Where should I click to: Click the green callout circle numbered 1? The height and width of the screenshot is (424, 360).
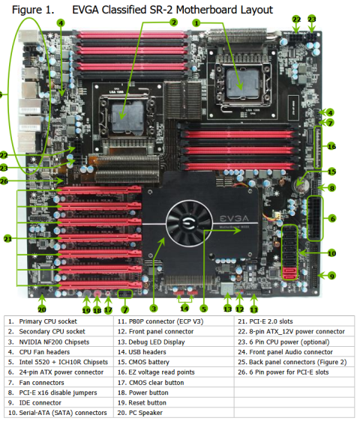click(196, 23)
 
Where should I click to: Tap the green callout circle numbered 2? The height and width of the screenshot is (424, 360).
click(174, 22)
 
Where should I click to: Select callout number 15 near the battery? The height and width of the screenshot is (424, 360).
click(331, 172)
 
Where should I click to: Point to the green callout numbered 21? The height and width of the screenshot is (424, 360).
click(7, 239)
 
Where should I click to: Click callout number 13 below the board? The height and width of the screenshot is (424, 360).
click(228, 309)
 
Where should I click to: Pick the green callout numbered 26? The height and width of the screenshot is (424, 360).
click(4, 181)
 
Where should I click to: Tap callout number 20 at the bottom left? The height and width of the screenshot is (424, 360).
click(42, 309)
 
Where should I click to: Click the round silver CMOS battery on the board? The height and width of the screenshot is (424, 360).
click(301, 185)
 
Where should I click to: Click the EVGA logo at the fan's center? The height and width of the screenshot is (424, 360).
click(189, 222)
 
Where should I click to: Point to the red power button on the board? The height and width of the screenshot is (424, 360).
click(97, 294)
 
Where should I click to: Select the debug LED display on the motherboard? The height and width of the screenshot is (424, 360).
click(227, 289)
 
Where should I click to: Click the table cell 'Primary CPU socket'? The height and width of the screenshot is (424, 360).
click(48, 321)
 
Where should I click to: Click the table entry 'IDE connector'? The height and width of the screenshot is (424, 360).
click(40, 403)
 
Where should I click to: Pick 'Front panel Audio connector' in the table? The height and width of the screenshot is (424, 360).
click(291, 352)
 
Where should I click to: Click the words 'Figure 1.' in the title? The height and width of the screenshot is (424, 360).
click(33, 10)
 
